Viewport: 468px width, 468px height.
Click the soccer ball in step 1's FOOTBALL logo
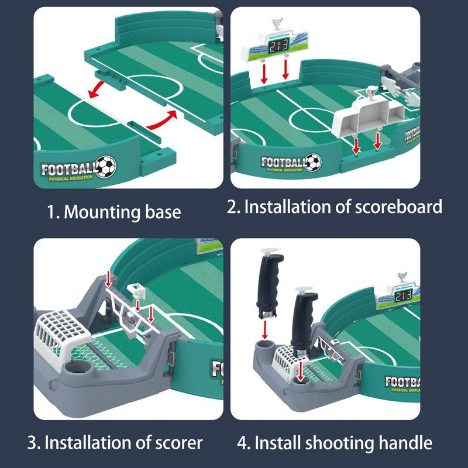pos(106,166)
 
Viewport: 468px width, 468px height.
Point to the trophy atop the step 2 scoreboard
pos(276,25)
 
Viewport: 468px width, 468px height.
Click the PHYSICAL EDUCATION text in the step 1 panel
pos(67,178)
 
